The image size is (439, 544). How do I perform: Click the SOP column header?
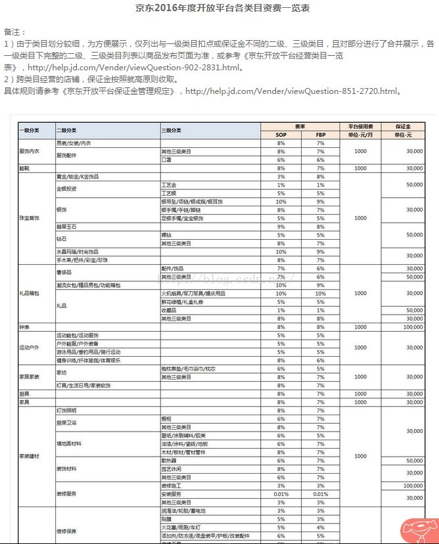click(x=281, y=134)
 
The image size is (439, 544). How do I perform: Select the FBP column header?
click(x=320, y=134)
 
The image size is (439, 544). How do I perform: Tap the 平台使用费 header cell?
click(x=360, y=125)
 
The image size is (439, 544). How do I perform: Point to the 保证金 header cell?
click(x=403, y=125)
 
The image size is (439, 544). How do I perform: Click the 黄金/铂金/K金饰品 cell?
click(x=78, y=177)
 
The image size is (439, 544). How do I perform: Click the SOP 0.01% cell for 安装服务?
click(x=281, y=494)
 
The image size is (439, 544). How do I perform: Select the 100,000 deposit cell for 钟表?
click(x=413, y=327)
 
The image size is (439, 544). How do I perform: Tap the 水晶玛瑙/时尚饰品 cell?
click(x=78, y=252)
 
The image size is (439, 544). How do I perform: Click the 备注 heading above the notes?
click(x=14, y=32)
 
